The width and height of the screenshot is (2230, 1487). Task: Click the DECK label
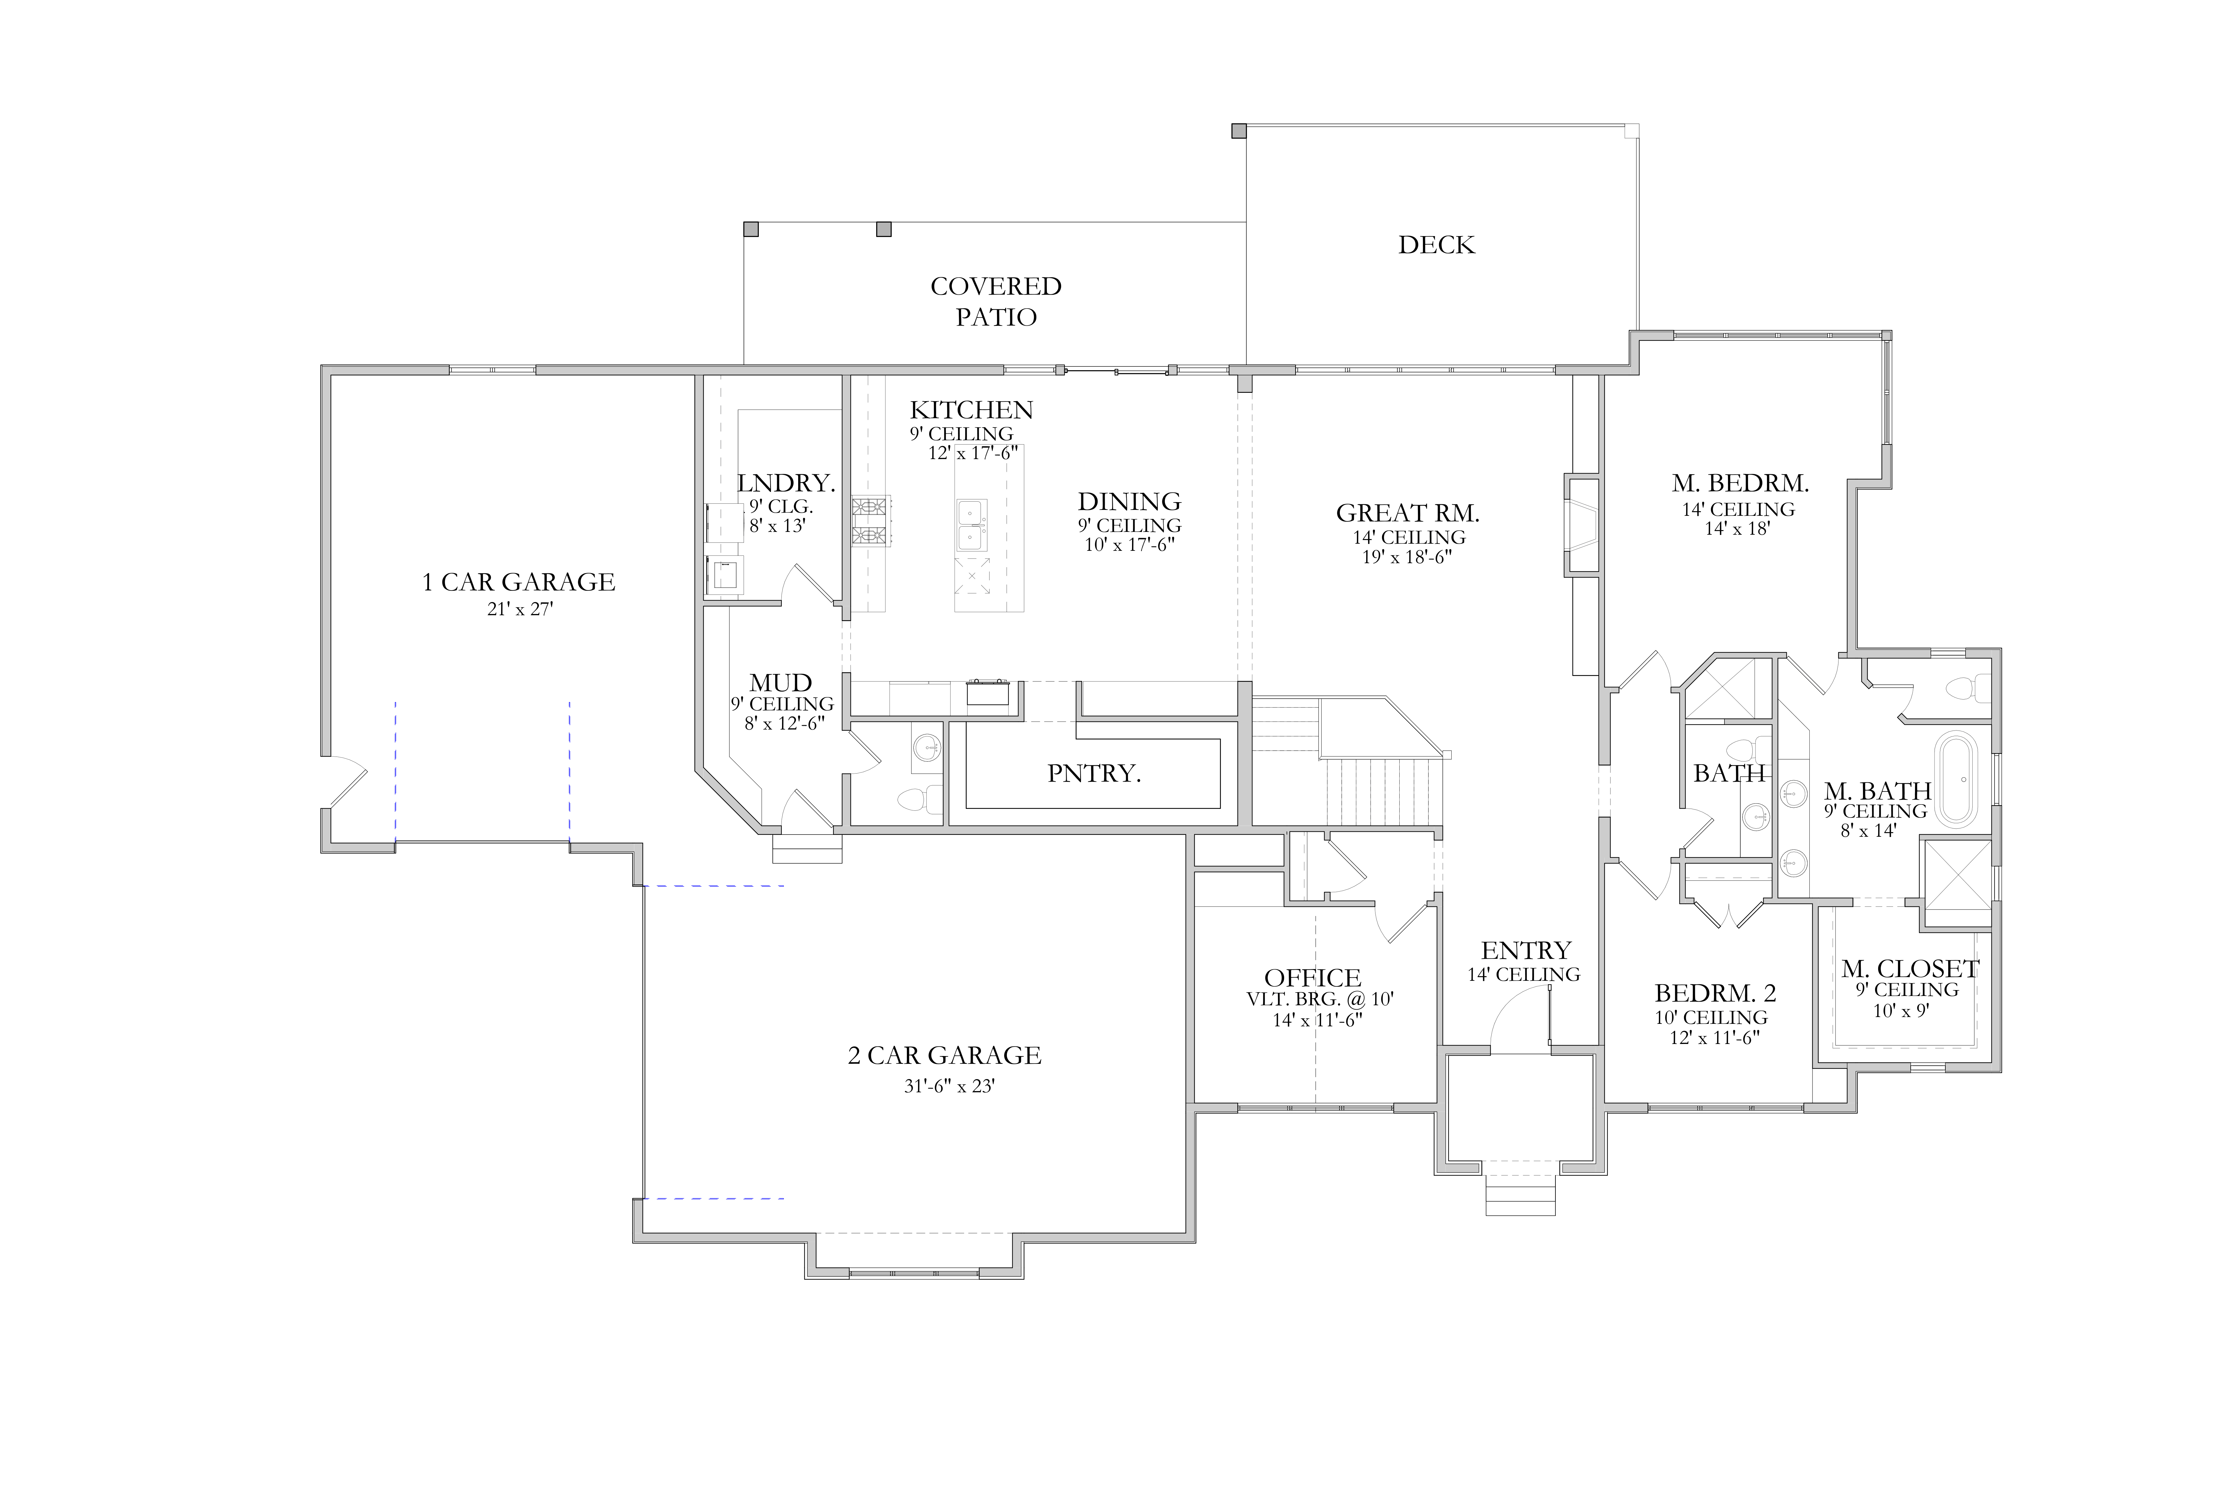[1436, 245]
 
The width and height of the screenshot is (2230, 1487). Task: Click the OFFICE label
[1312, 978]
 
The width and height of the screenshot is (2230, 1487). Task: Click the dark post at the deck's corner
[1238, 131]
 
